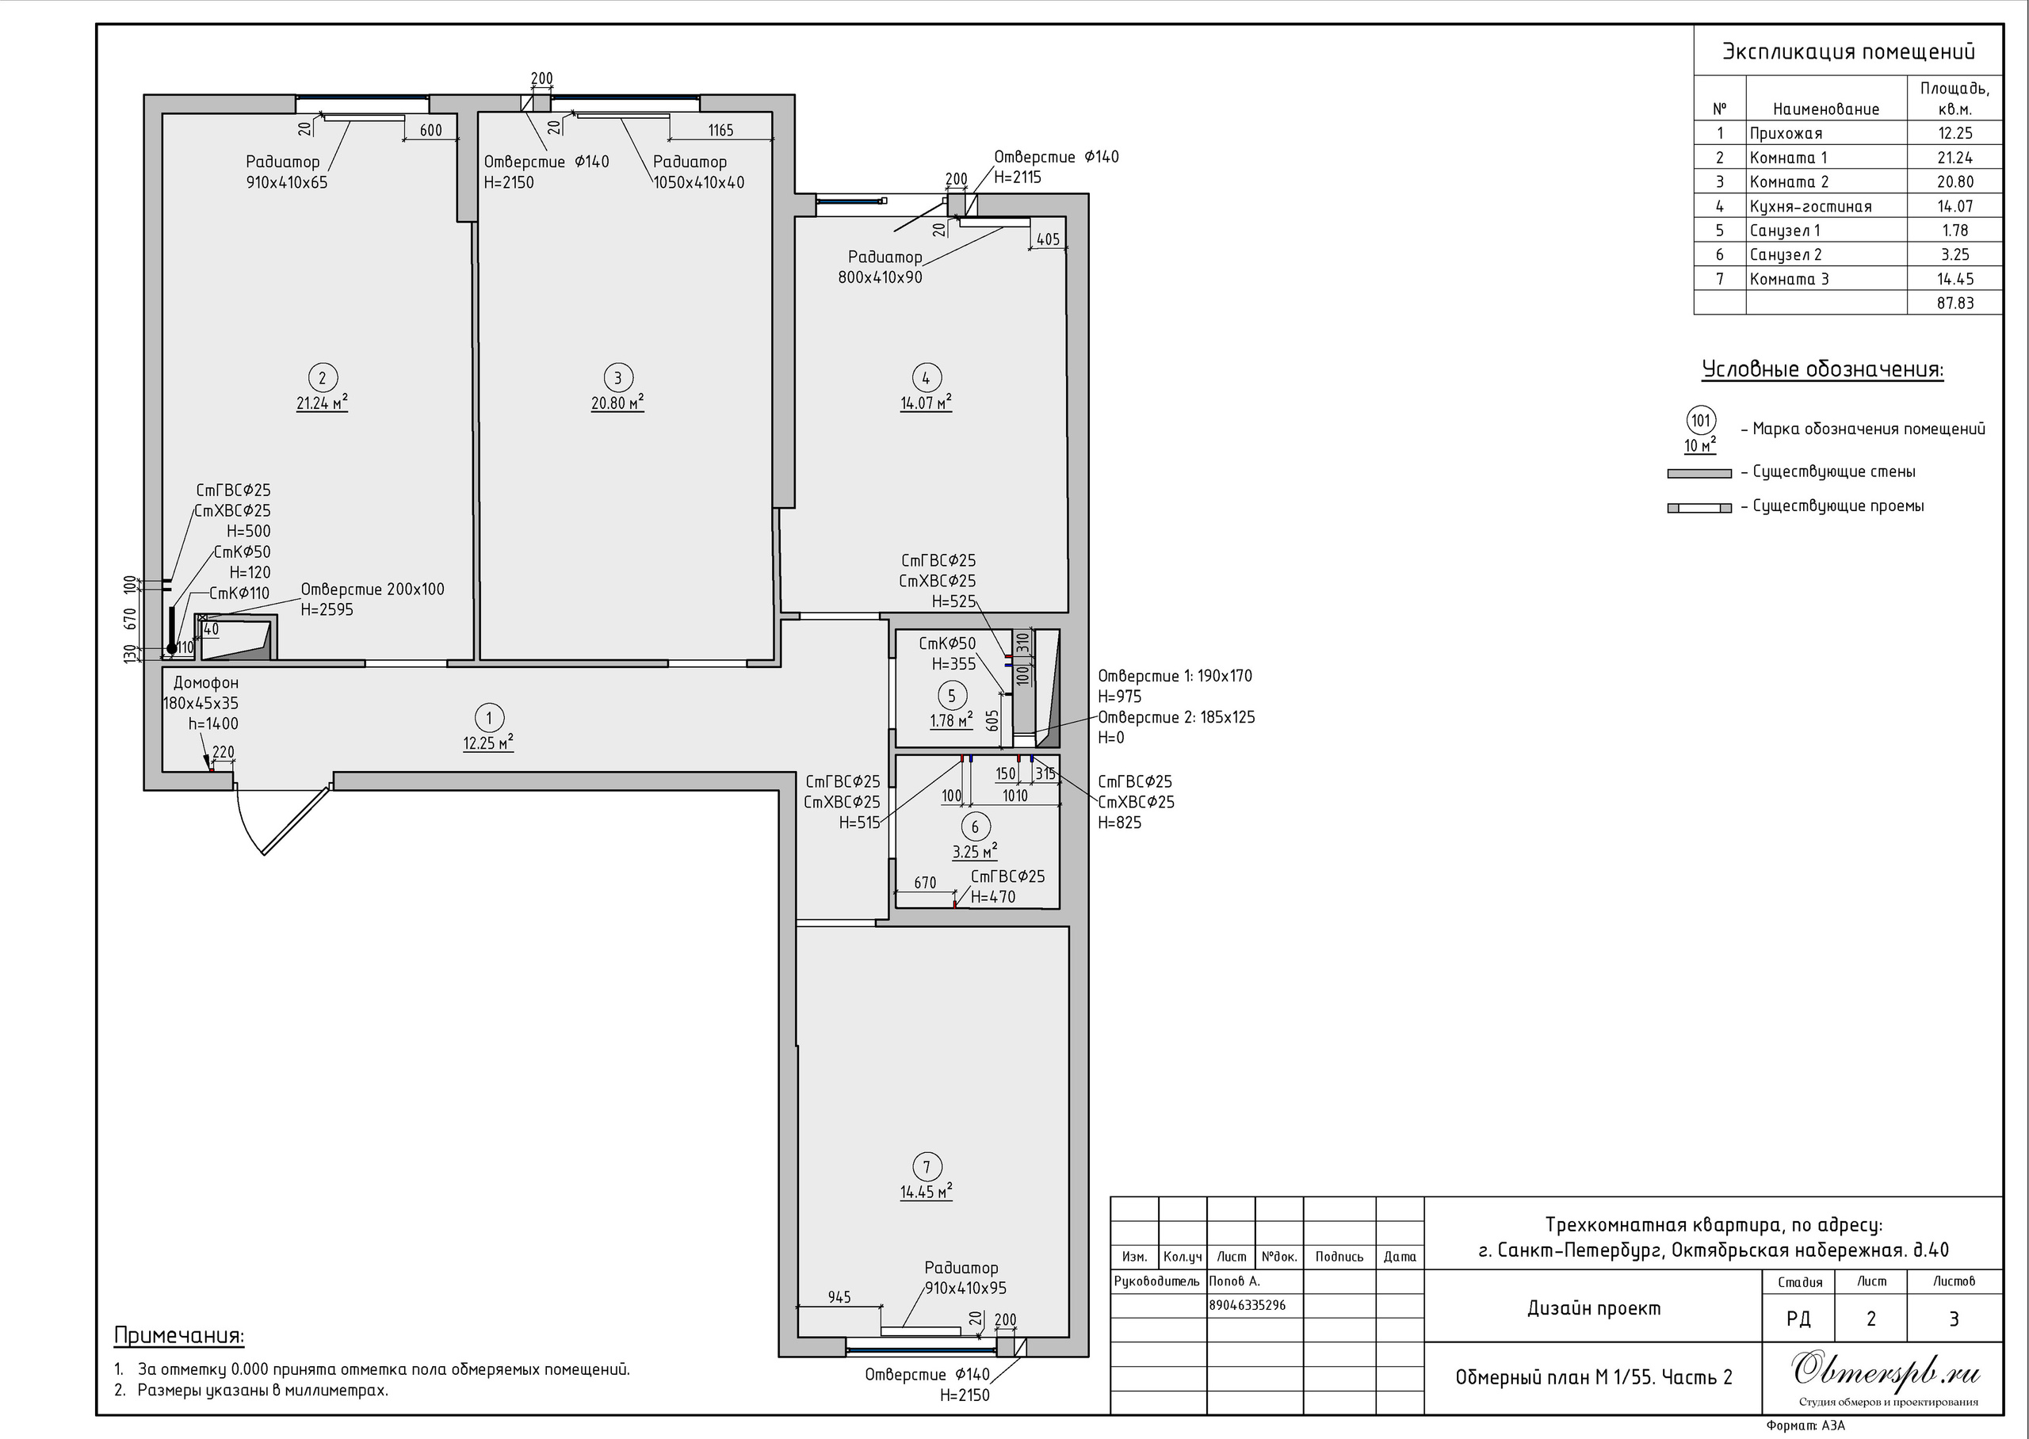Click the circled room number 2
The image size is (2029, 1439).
click(322, 377)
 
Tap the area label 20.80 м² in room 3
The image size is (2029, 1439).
click(617, 403)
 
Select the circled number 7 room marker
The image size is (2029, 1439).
click(927, 1167)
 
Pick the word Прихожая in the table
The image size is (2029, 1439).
click(1786, 134)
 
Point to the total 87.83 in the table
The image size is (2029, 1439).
click(1954, 303)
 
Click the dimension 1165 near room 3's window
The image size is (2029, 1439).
click(720, 130)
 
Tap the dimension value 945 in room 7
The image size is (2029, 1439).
click(839, 1297)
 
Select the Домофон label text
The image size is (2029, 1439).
click(205, 683)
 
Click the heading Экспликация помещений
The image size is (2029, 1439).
click(1848, 52)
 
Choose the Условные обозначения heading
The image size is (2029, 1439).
click(1823, 368)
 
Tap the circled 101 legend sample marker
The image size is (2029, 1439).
click(1700, 420)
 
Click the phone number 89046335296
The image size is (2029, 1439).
click(1248, 1305)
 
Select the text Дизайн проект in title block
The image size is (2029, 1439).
click(1594, 1309)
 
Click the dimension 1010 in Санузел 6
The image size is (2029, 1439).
click(1014, 796)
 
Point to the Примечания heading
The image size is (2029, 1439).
click(179, 1335)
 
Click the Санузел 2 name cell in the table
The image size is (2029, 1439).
click(1786, 255)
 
